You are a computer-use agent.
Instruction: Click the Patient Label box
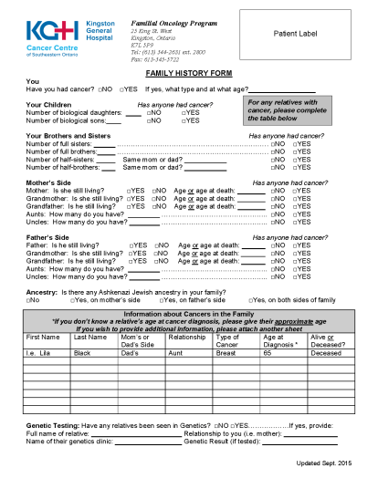pyautogui.click(x=296, y=34)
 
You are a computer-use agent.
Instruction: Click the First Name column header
pyautogui.click(x=42, y=338)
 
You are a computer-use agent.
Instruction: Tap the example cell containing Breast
pyautogui.click(x=226, y=352)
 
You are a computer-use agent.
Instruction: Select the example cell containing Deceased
pyautogui.click(x=326, y=352)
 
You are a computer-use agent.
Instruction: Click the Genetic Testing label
pyautogui.click(x=52, y=426)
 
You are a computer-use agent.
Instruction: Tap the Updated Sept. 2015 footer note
pyautogui.click(x=324, y=464)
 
